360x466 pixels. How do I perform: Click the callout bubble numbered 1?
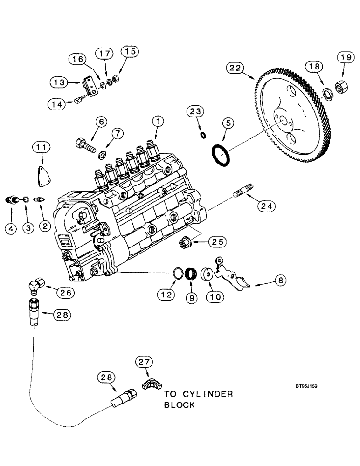159,122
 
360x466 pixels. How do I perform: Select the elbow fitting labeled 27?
151,386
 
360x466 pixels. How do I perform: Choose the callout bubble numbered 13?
60,82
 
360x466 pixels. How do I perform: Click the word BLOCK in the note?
180,405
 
